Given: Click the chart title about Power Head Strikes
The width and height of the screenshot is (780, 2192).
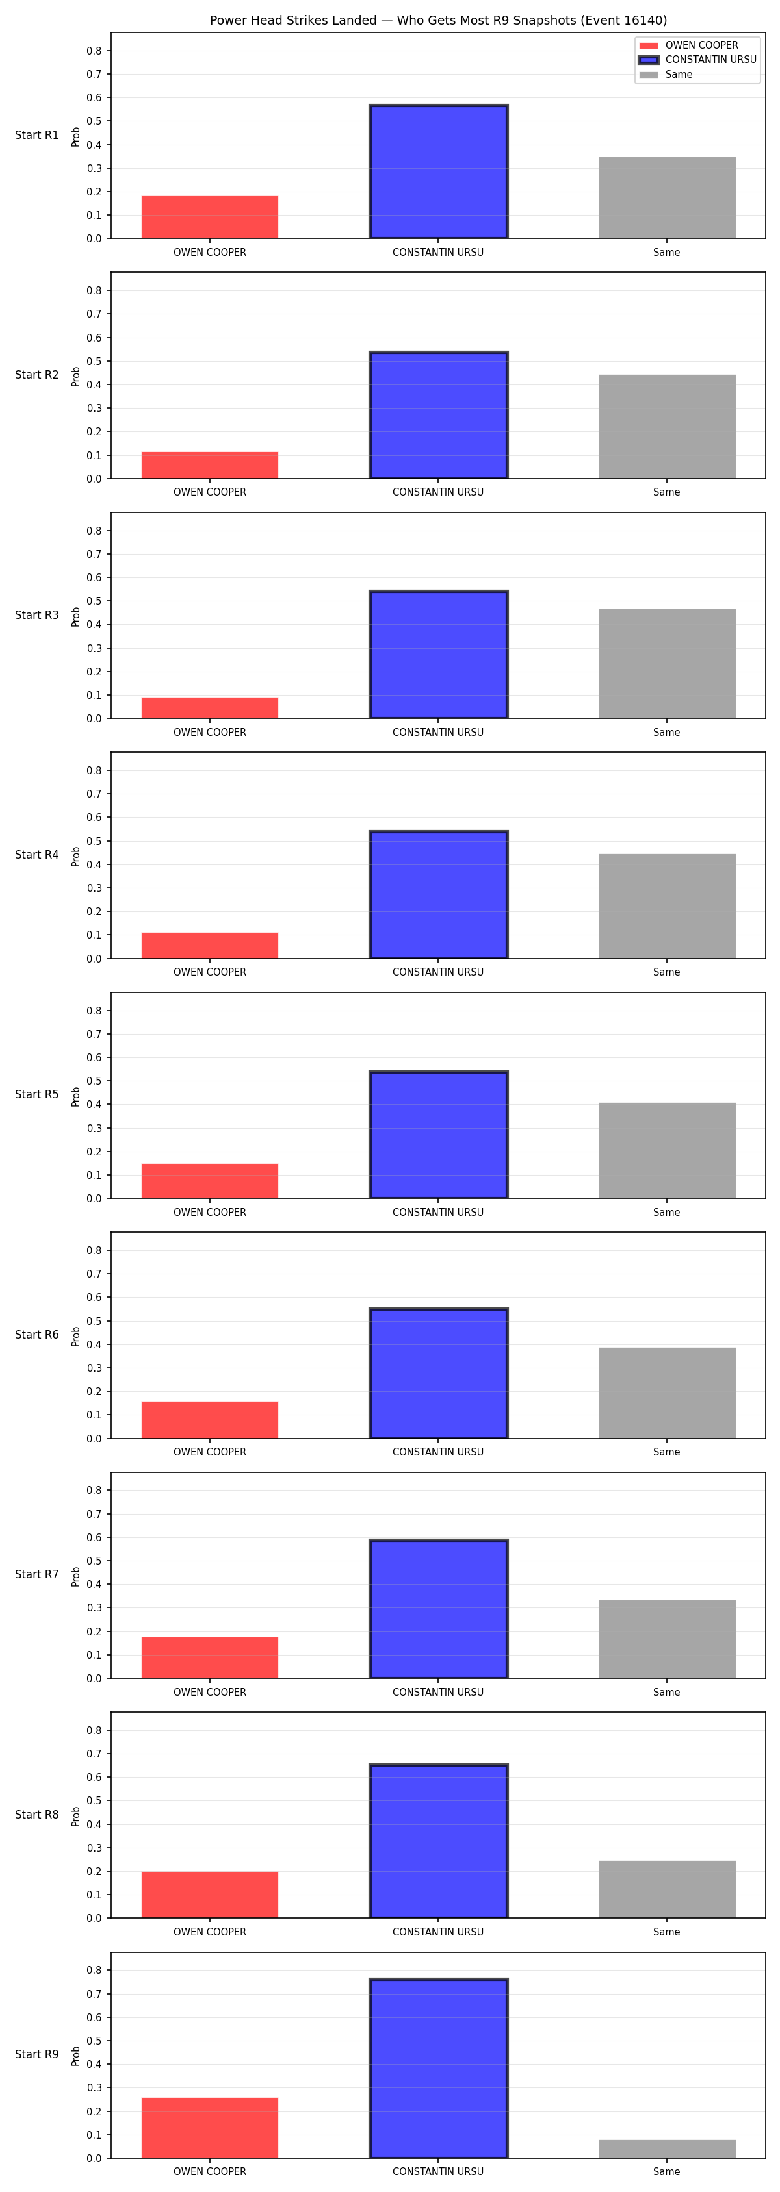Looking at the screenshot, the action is pos(439,20).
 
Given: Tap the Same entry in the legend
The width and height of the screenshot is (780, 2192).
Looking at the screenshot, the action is pos(666,75).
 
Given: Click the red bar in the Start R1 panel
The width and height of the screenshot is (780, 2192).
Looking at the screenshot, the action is pos(209,217).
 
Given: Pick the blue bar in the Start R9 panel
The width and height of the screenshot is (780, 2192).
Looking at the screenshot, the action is pos(439,2068).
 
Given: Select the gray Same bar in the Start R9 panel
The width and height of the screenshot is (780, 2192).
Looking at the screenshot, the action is pos(667,2148).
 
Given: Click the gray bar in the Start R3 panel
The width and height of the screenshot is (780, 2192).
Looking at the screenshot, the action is pos(667,664).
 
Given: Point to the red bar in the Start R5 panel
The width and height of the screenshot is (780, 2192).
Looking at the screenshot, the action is pos(209,1181).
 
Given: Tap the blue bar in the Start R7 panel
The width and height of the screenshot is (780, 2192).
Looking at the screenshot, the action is pos(439,1609).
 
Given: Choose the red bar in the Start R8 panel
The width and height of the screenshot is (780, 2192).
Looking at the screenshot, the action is pos(209,1895).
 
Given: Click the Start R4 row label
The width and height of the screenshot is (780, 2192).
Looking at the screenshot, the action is pos(36,855).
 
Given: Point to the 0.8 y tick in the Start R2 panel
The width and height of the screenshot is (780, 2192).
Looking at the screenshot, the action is pos(94,291).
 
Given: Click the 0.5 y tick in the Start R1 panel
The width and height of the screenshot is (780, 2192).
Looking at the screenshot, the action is pos(94,121).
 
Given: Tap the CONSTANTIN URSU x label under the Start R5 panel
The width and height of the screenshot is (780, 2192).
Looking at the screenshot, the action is pos(437,1213).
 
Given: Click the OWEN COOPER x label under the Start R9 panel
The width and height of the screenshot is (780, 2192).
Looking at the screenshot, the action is pos(209,2172).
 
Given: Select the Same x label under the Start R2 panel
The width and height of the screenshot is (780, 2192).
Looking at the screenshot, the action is pos(667,493).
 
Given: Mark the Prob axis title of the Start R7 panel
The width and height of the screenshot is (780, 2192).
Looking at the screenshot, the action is pos(76,1577).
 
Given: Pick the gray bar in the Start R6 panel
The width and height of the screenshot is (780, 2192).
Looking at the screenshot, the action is pos(667,1393).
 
